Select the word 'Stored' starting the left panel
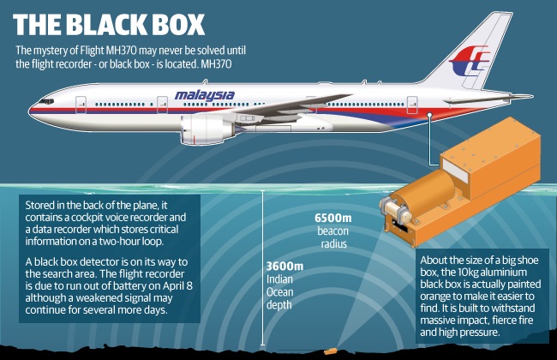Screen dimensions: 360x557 pos(42,206)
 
